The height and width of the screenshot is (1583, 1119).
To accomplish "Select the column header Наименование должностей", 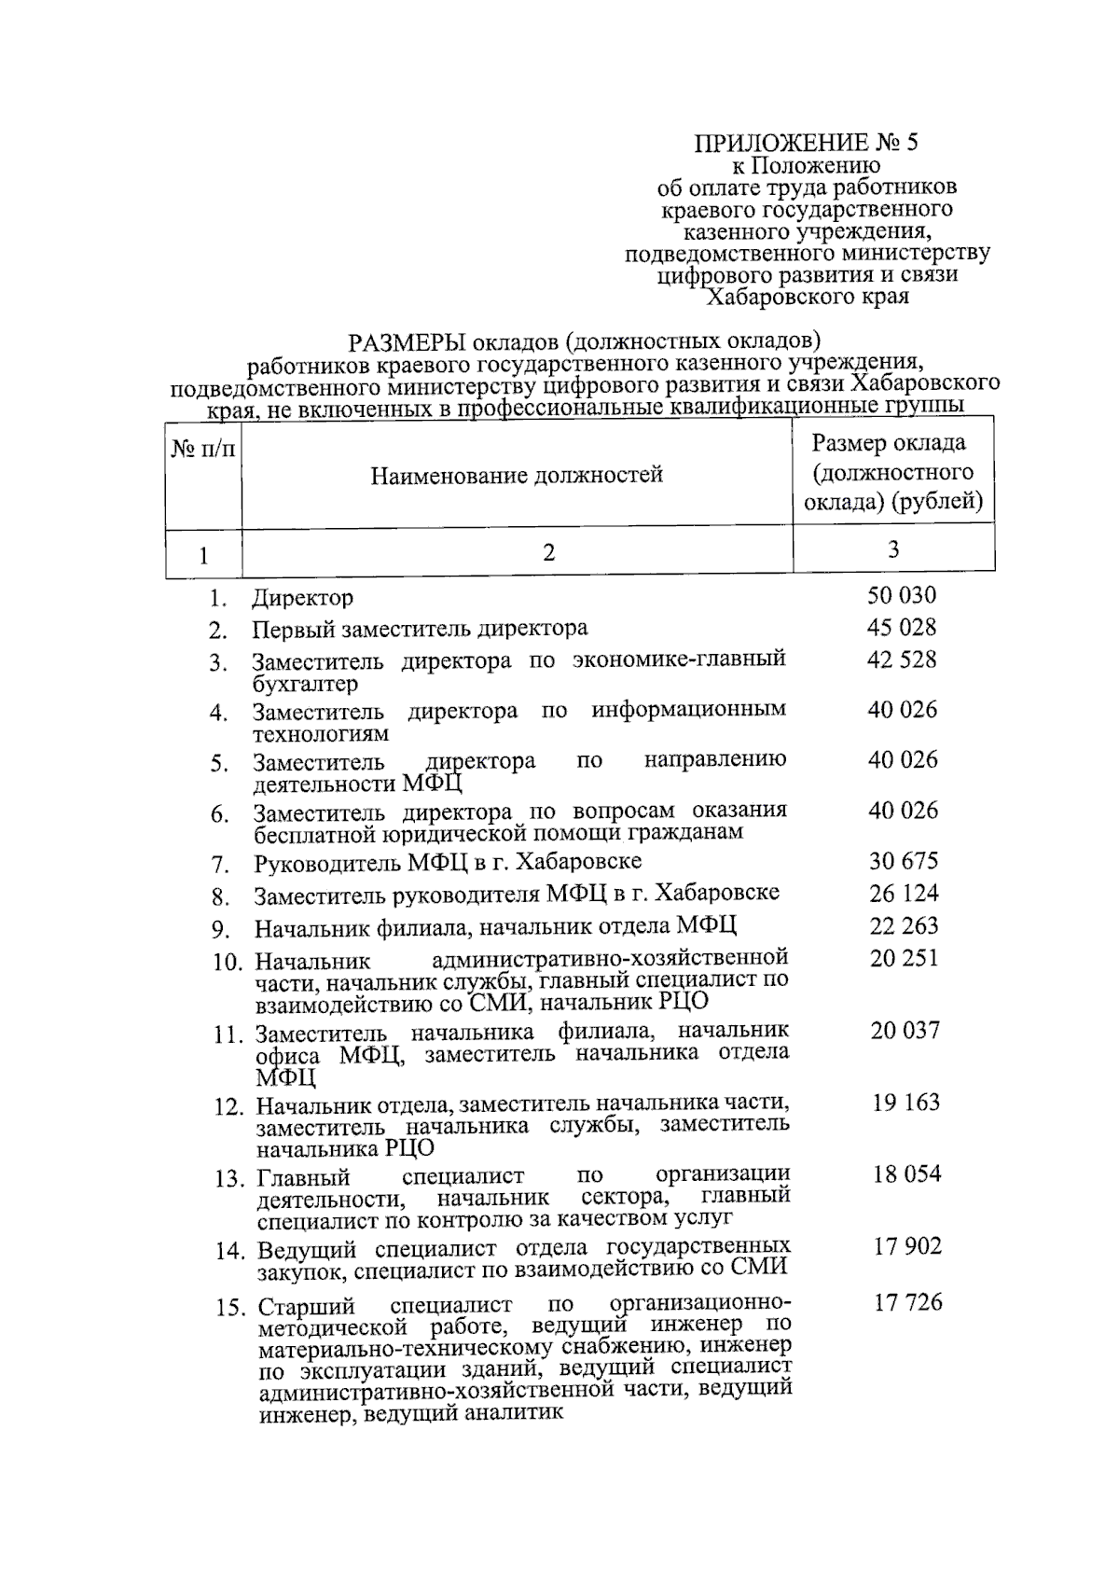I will click(517, 475).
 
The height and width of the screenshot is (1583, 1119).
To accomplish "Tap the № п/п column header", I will click(203, 449).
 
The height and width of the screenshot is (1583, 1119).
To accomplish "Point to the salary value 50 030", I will click(902, 596).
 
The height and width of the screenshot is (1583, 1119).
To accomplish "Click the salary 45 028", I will click(902, 628).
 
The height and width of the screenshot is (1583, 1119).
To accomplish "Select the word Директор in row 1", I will click(302, 598).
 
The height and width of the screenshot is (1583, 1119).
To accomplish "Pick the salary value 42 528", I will click(902, 660).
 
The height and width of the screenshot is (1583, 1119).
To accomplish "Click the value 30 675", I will click(904, 861).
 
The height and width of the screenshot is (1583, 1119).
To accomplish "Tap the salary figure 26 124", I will click(904, 894).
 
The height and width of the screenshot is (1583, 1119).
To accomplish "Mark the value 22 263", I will click(904, 925).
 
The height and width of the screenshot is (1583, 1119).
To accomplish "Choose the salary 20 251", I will click(904, 958).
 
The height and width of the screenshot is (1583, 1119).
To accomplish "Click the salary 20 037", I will click(905, 1030).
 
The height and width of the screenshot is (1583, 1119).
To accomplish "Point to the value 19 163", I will click(905, 1103).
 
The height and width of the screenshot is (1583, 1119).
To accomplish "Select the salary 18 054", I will click(906, 1174).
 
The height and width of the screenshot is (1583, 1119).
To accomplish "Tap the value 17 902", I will click(906, 1246).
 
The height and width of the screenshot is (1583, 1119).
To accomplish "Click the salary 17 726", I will click(907, 1302).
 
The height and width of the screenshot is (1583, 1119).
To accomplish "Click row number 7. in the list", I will click(220, 864).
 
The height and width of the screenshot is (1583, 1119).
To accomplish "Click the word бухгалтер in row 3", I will click(305, 685).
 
